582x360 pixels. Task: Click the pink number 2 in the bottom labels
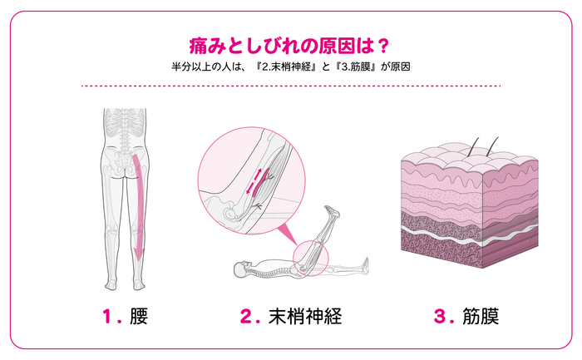(246, 316)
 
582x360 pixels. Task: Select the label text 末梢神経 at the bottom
(305, 316)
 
